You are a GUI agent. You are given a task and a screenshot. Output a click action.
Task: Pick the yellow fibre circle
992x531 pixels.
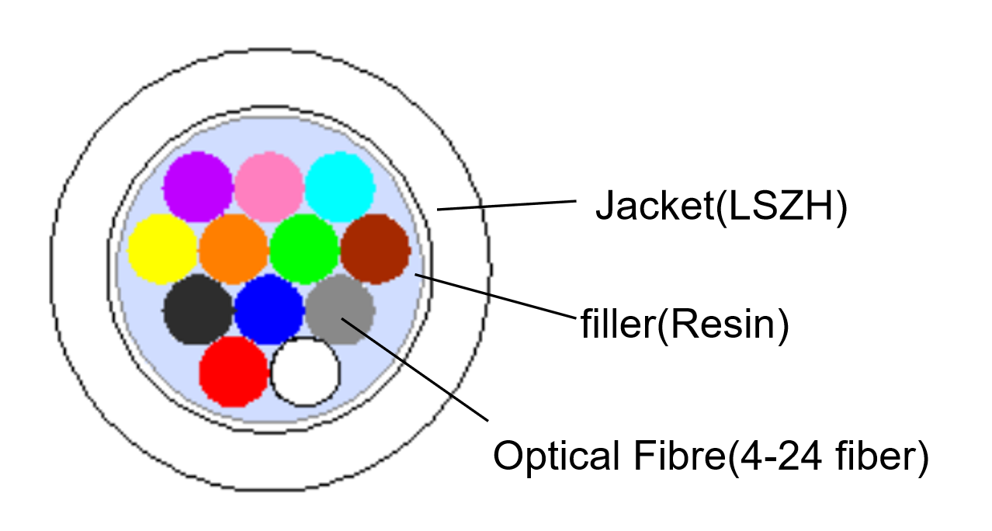coord(162,248)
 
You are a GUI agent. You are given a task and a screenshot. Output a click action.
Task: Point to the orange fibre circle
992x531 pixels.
coord(234,248)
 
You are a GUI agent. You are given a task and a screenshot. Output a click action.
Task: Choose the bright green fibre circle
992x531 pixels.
coord(304,248)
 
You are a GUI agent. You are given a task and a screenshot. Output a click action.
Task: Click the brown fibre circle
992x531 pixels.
coord(376,248)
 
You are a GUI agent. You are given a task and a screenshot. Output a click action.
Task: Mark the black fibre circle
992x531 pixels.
coord(198,310)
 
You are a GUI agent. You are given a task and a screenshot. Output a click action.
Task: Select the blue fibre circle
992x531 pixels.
coord(269,310)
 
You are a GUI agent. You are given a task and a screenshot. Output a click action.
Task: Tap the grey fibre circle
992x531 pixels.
coord(340,310)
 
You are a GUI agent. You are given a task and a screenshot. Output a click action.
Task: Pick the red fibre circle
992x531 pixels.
coord(234,371)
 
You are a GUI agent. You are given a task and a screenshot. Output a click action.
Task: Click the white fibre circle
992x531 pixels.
coord(306,371)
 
